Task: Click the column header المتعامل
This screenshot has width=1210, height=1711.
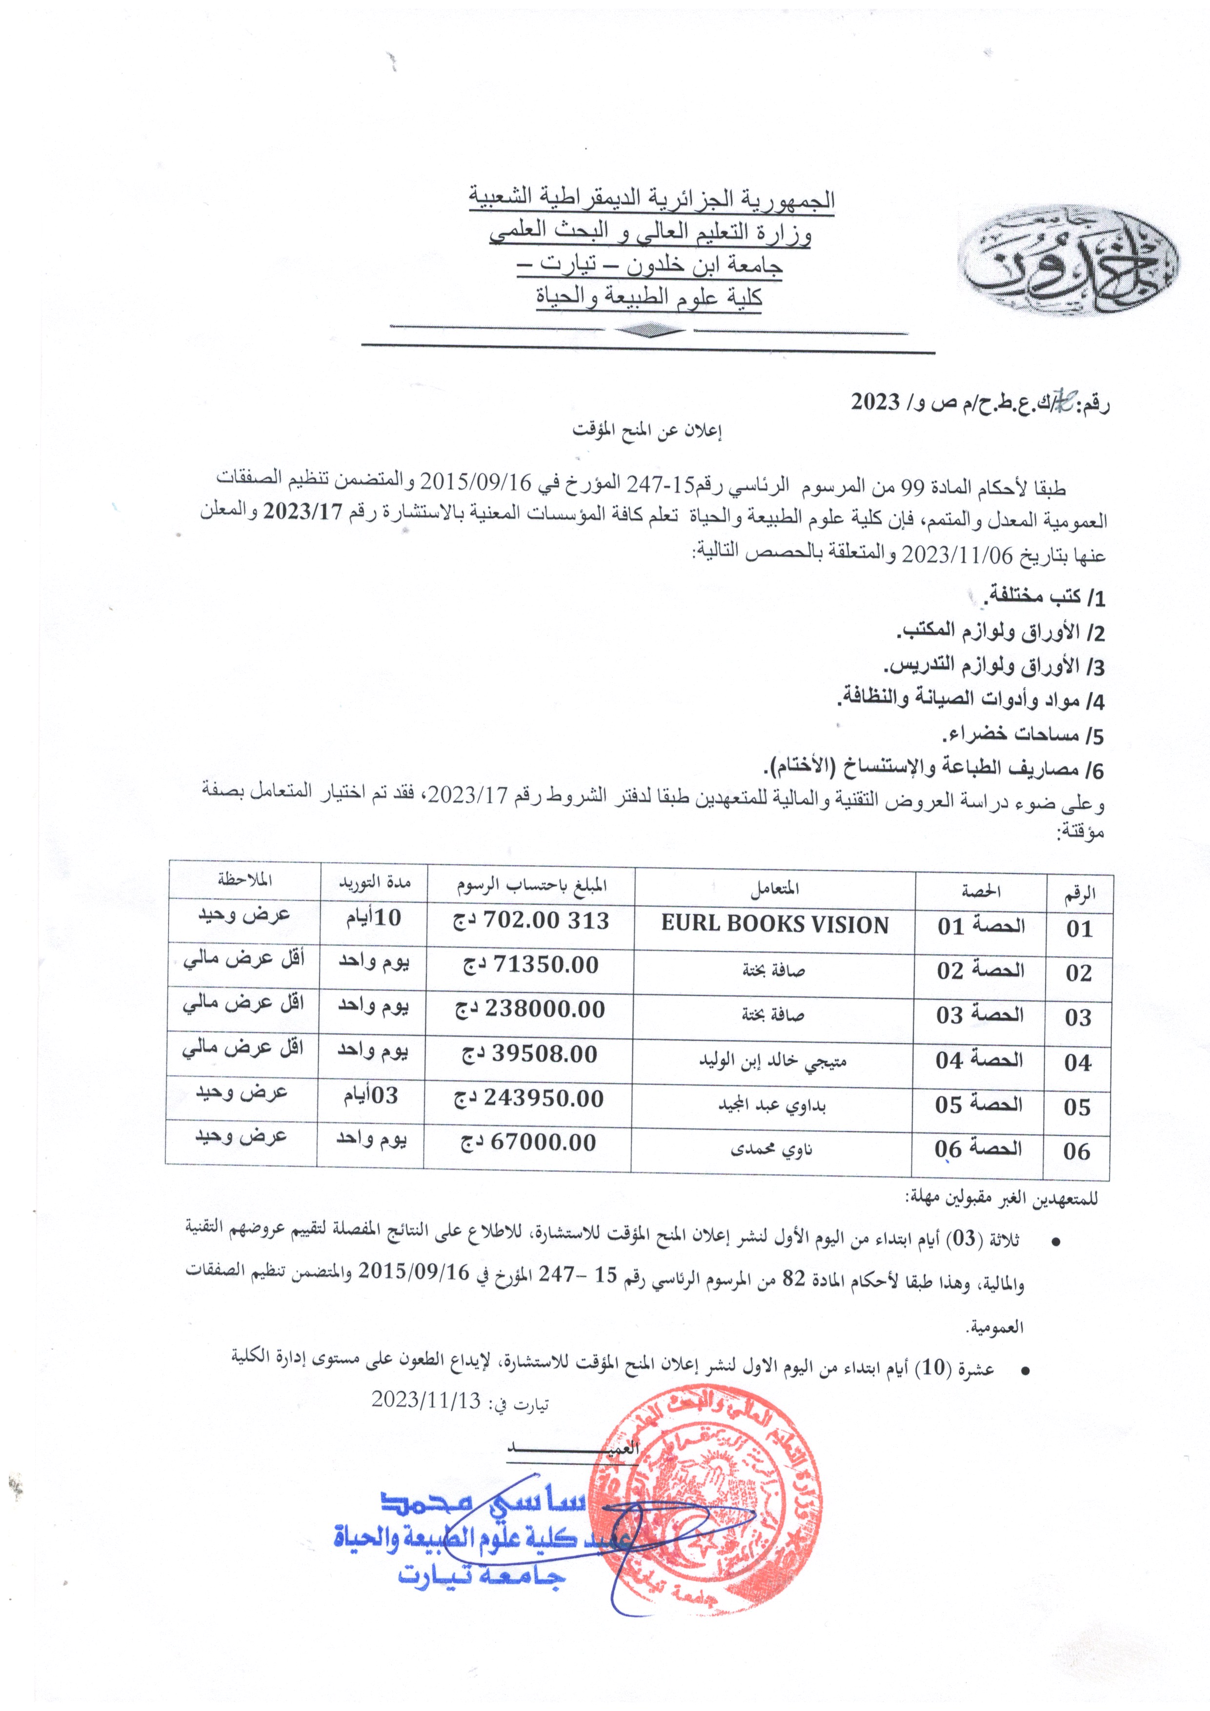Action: [775, 888]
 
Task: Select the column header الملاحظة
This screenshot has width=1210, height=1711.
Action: [244, 880]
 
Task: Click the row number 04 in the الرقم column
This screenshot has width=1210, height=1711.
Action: [1077, 1063]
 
